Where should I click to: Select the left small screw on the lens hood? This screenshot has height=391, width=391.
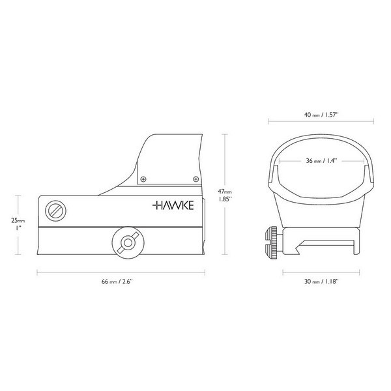(144, 178)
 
